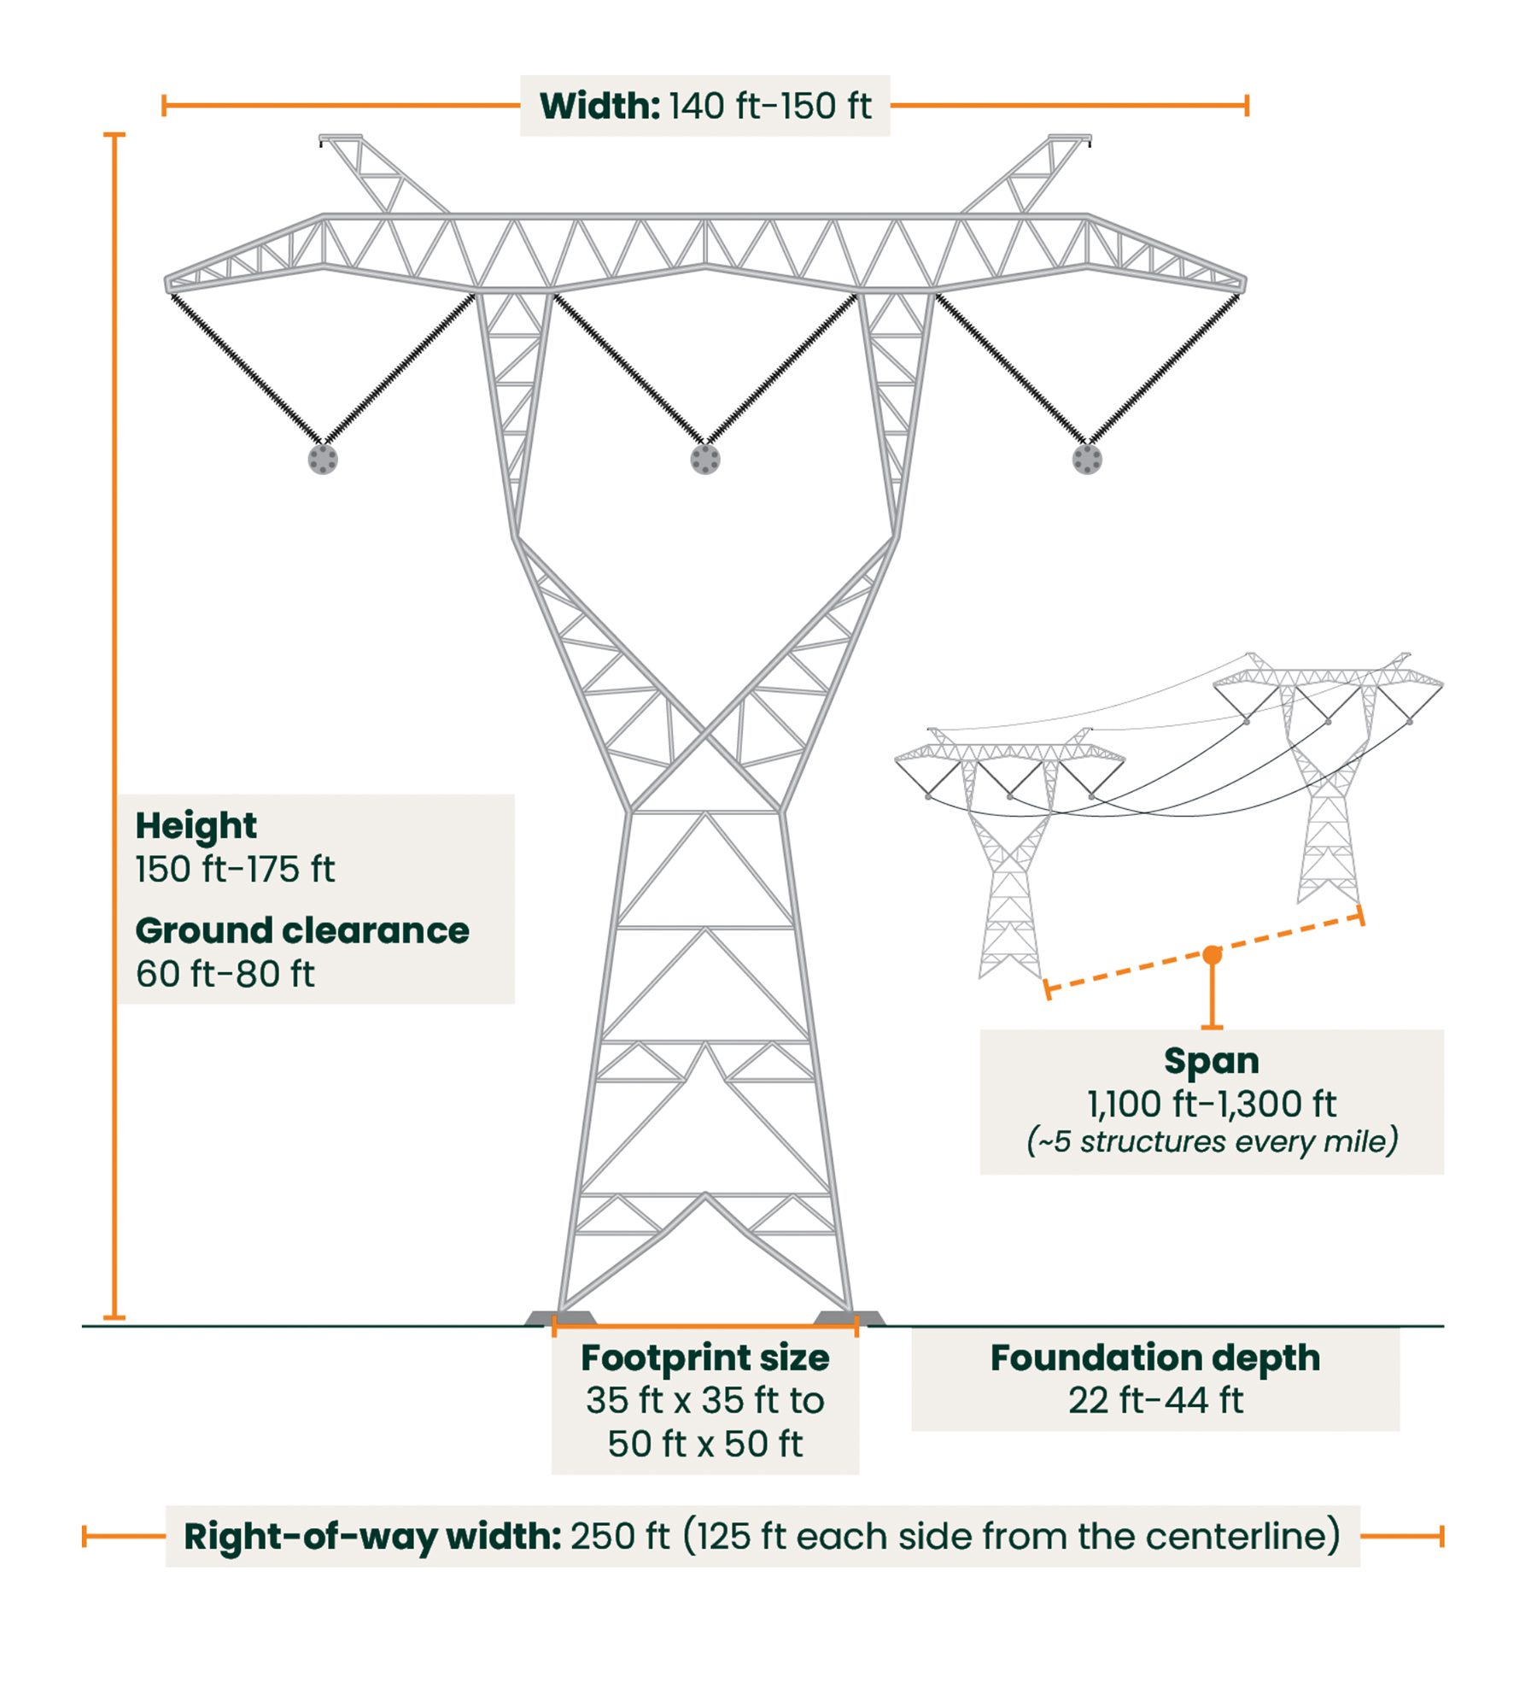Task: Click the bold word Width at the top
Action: (x=600, y=106)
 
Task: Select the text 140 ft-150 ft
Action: (x=770, y=106)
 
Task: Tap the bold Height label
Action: (x=196, y=826)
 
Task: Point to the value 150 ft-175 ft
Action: (x=235, y=869)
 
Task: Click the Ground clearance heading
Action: (x=302, y=930)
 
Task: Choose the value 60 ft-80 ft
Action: (x=225, y=974)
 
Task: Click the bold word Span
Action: (x=1212, y=1061)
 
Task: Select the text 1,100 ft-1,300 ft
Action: (x=1212, y=1104)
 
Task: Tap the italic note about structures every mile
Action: (x=1212, y=1141)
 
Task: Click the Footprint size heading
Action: (x=705, y=1357)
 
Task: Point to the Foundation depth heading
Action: (x=1155, y=1357)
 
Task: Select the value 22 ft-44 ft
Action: (x=1155, y=1400)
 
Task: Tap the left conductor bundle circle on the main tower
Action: (x=323, y=460)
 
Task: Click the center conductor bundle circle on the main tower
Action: (x=705, y=460)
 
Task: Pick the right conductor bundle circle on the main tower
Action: (x=1087, y=460)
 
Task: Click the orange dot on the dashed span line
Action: (x=1212, y=955)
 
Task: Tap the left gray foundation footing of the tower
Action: (x=559, y=1318)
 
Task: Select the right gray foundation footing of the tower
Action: (x=850, y=1318)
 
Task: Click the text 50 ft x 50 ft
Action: (x=705, y=1445)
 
